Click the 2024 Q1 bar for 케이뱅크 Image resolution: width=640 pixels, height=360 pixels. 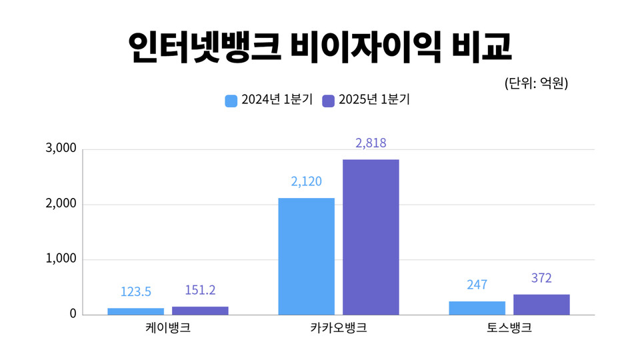(135, 311)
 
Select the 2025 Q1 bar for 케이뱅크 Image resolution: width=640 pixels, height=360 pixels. (200, 310)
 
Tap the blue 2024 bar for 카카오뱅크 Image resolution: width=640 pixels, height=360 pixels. (306, 256)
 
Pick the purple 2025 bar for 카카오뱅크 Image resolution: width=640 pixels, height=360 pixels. (371, 237)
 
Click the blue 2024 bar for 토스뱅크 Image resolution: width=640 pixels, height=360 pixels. (477, 307)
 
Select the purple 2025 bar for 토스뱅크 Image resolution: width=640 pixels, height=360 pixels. (541, 304)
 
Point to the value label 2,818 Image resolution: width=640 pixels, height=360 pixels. (371, 143)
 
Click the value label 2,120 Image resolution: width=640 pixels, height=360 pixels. (306, 182)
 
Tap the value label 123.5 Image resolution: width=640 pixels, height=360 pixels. (135, 292)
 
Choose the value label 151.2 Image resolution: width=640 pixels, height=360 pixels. (200, 291)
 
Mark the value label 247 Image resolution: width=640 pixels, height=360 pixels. (477, 285)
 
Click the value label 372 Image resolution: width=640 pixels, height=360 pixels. (541, 279)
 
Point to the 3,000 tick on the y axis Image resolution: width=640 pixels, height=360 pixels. (61, 149)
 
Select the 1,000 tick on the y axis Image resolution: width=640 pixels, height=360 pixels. (61, 259)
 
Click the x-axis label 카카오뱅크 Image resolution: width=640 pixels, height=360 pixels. (339, 329)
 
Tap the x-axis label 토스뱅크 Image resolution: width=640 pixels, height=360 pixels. (509, 329)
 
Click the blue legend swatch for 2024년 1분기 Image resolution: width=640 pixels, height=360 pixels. (231, 101)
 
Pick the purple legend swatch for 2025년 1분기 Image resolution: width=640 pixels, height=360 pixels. (328, 101)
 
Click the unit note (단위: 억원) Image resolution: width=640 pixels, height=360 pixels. (536, 84)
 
